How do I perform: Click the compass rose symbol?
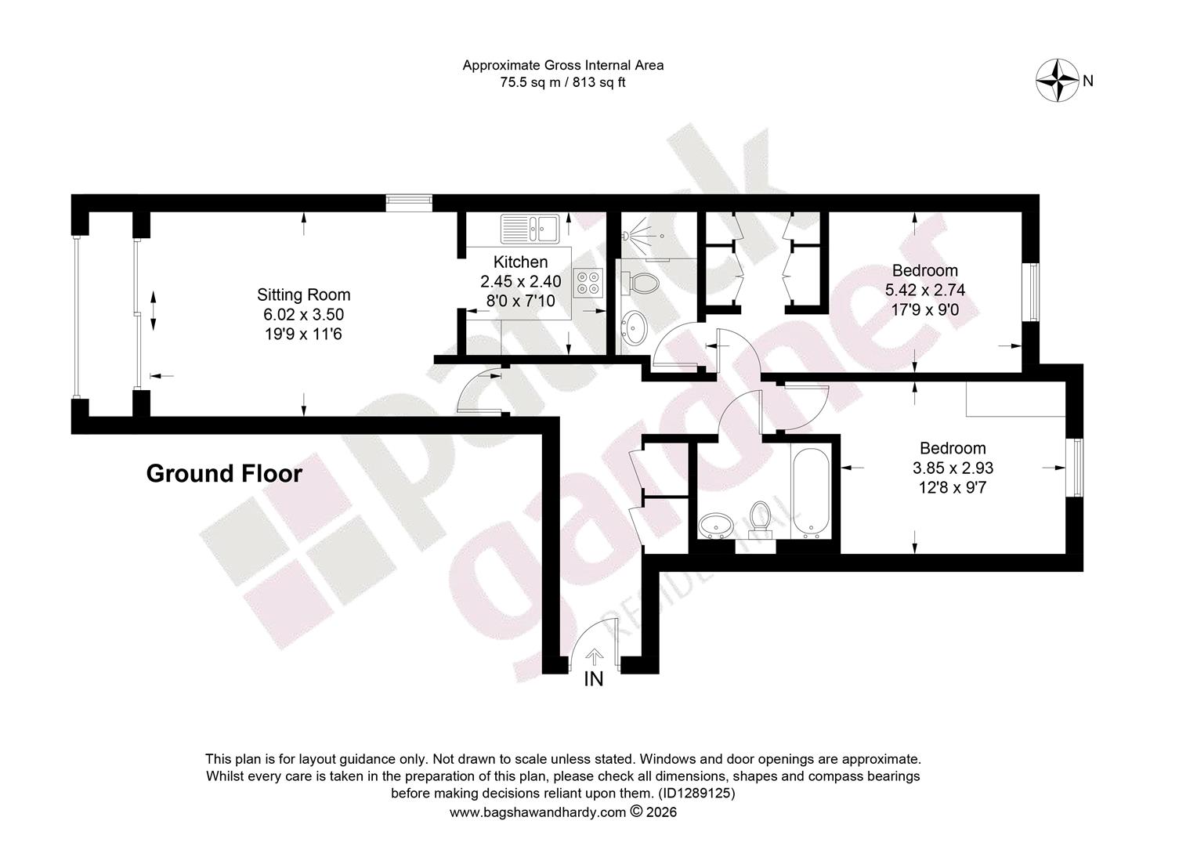click(1058, 81)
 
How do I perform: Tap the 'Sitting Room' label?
click(303, 295)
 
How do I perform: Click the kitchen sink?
click(530, 229)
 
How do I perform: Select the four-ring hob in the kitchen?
click(588, 282)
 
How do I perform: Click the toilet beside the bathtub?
click(759, 519)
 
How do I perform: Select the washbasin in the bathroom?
click(716, 526)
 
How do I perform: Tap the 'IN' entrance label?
click(594, 678)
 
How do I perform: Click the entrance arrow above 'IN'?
click(594, 657)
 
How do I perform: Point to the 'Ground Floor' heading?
click(224, 473)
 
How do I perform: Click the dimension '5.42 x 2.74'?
click(925, 290)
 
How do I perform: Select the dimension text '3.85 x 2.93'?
click(953, 468)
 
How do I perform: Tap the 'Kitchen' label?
click(520, 262)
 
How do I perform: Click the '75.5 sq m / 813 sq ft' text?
click(562, 82)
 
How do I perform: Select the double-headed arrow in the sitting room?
click(154, 310)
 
